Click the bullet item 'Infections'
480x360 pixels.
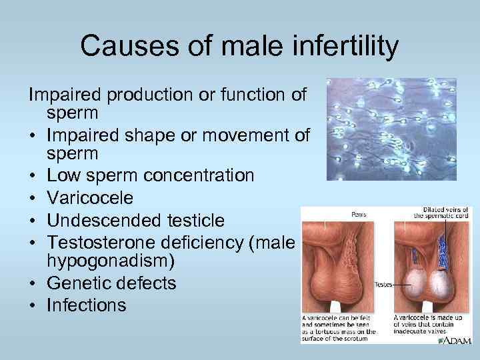pyautogui.click(x=86, y=305)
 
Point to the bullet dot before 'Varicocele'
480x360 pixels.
pyautogui.click(x=32, y=199)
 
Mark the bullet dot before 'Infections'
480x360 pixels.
pyautogui.click(x=32, y=305)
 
